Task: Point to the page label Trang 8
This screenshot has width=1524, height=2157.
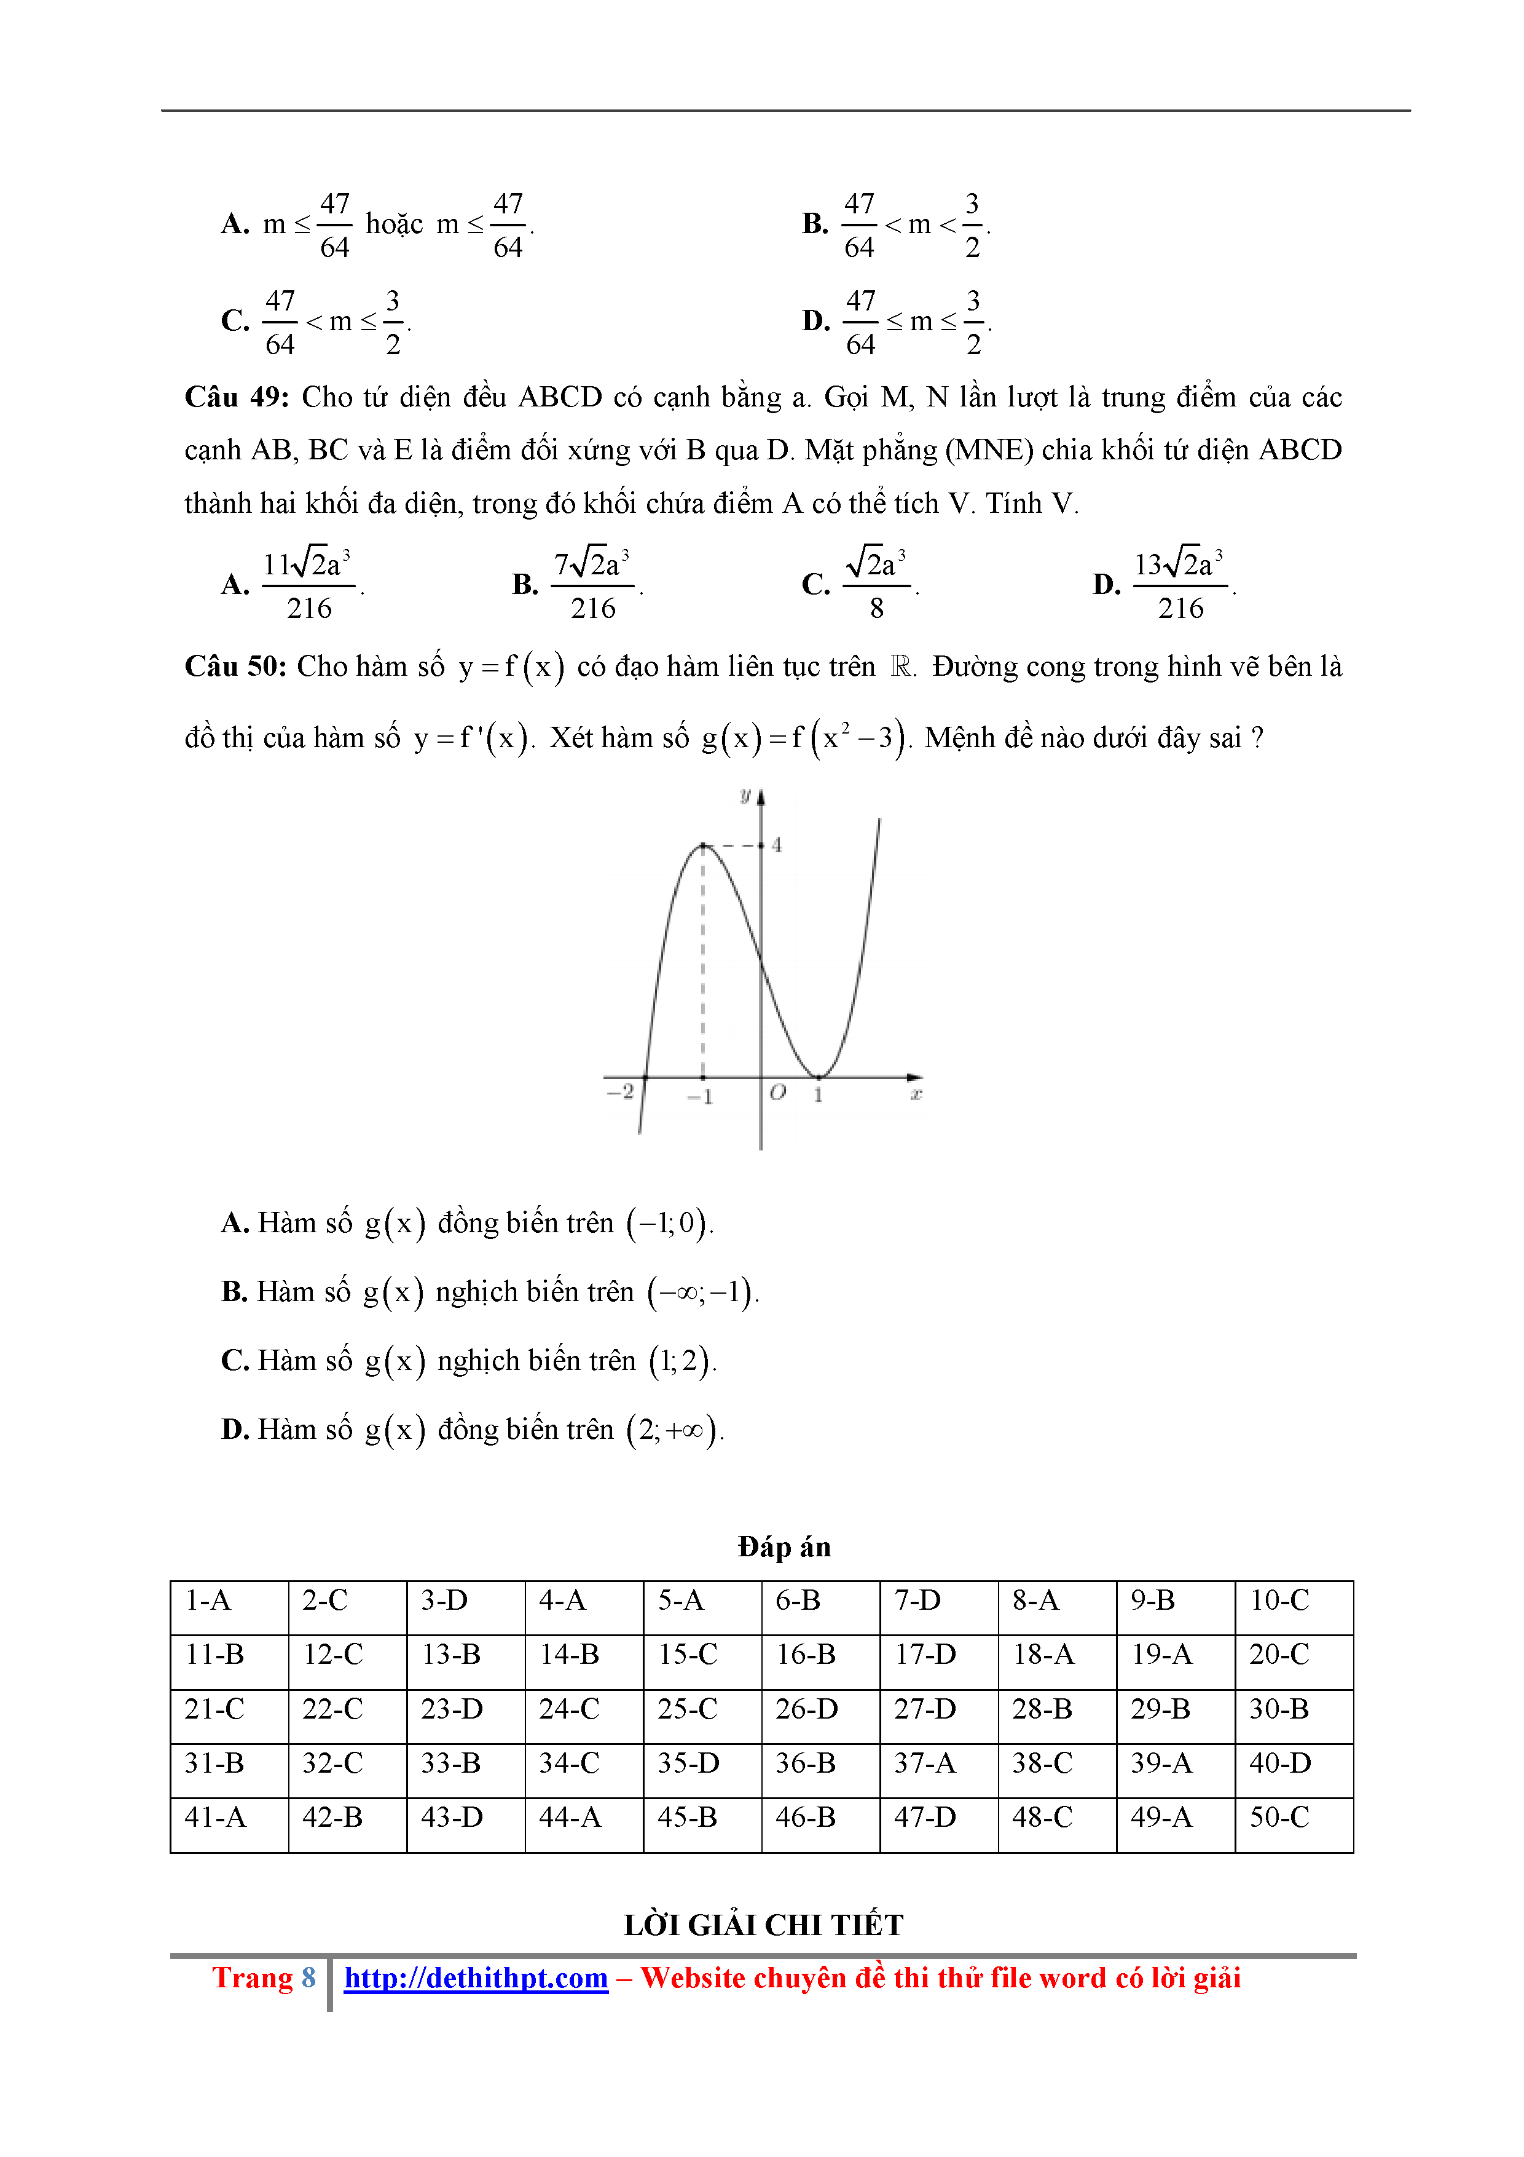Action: point(263,1977)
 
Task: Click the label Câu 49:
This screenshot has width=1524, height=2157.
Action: point(237,397)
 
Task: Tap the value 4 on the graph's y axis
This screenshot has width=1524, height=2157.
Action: point(777,845)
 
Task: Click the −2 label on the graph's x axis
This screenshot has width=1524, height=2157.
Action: point(620,1091)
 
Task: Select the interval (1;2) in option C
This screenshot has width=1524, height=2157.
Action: point(681,1360)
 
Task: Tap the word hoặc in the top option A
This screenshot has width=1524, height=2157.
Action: point(395,224)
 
